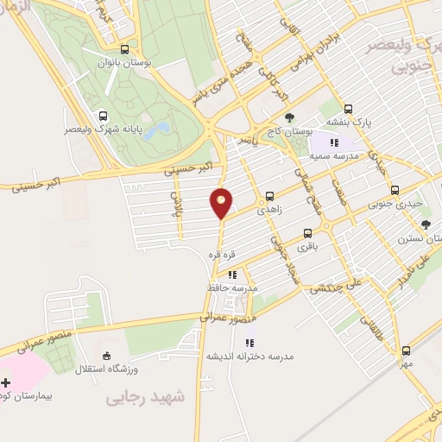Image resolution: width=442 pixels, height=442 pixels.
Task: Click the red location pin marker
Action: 222,203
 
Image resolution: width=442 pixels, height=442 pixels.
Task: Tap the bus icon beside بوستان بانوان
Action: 126,49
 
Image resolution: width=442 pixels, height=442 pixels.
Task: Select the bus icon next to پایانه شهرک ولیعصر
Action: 104,116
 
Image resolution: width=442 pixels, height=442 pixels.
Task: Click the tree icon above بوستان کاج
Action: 289,117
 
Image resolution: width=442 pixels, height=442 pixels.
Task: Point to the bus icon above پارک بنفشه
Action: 348,110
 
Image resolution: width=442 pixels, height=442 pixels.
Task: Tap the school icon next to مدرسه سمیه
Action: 332,142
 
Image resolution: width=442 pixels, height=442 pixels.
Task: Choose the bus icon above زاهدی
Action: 271,195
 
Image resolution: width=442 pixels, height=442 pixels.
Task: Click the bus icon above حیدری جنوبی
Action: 395,191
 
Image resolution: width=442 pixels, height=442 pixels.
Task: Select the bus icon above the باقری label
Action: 308,232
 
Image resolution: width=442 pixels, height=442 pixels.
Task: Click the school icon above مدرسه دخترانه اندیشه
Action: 249,343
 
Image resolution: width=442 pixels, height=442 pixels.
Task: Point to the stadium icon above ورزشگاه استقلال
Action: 106,356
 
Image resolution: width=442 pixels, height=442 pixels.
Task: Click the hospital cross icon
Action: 7,382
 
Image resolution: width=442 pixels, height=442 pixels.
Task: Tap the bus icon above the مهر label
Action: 406,350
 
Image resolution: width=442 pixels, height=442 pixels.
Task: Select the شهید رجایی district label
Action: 145,397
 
